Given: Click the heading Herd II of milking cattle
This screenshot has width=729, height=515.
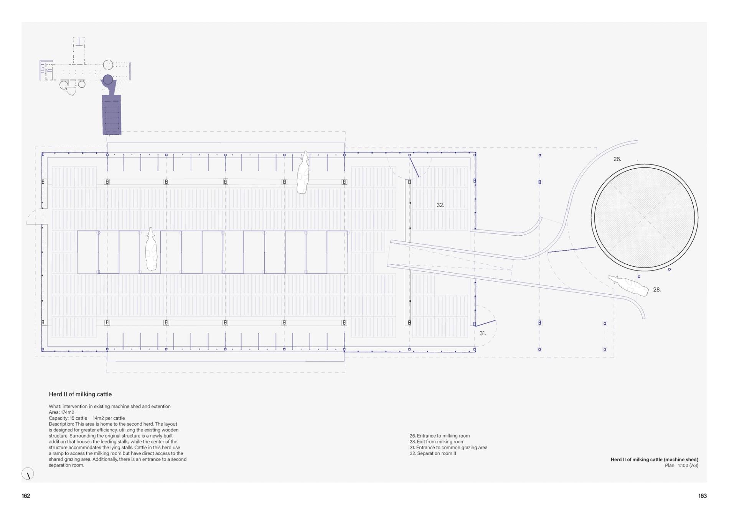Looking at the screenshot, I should tap(80, 394).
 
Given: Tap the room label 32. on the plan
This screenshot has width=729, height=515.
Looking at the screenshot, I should tap(440, 205).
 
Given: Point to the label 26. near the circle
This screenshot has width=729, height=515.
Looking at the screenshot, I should tap(617, 159).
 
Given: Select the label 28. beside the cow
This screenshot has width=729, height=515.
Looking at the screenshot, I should tap(657, 290).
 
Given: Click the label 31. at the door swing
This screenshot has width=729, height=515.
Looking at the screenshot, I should tap(482, 333).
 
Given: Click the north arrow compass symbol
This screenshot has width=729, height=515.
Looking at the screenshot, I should tap(28, 474).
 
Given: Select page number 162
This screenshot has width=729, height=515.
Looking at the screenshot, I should tap(26, 496).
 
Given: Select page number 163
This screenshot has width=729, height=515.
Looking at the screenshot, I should tap(702, 496).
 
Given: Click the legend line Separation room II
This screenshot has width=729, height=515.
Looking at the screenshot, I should tap(433, 454).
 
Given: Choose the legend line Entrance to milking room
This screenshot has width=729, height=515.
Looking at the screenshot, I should tap(440, 436).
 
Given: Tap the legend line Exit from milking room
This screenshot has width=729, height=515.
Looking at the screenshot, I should tap(437, 442).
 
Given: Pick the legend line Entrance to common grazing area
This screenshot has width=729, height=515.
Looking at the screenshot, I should tap(449, 448).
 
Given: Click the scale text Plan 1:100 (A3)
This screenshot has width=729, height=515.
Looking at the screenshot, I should tap(681, 466).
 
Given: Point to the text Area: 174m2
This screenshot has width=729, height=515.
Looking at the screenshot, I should tap(61, 413).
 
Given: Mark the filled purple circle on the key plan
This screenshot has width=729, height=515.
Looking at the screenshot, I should tap(108, 80).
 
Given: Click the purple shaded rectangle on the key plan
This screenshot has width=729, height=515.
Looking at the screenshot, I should tap(112, 115).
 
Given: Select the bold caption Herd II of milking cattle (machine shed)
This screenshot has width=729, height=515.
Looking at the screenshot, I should tap(654, 459).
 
